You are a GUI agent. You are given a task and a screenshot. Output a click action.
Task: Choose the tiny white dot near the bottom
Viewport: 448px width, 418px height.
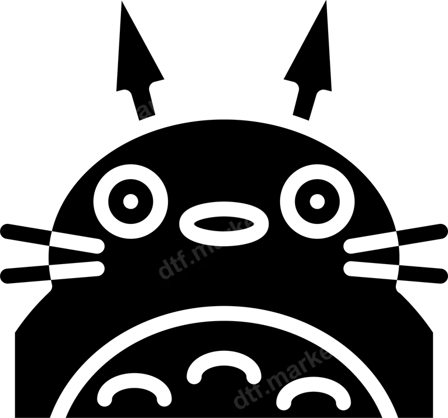coord(255,379)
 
